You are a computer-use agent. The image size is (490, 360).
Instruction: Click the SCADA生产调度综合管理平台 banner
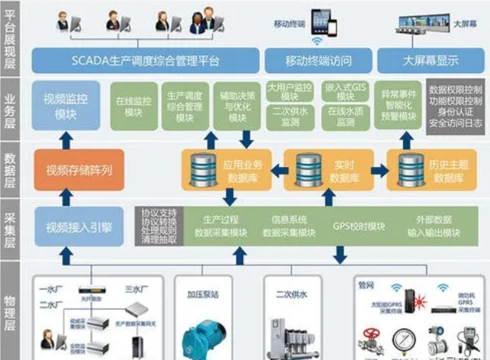tap(145, 61)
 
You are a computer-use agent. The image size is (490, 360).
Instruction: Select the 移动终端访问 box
tap(318, 61)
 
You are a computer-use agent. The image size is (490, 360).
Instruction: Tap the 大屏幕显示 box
tap(430, 61)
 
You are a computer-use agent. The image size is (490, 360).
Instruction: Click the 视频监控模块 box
tap(65, 105)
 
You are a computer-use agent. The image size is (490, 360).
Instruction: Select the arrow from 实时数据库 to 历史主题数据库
tap(380, 170)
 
